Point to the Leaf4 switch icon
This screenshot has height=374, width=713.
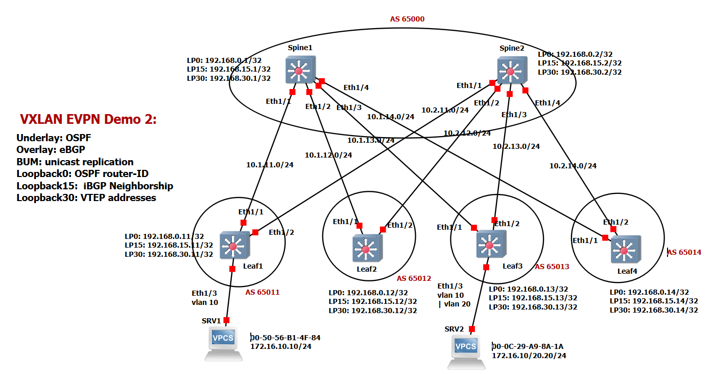(x=623, y=249)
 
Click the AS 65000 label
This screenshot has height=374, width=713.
(x=407, y=19)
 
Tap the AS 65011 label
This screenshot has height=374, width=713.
(x=263, y=292)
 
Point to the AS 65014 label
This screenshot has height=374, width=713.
(x=684, y=252)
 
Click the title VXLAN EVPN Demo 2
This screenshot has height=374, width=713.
(x=88, y=120)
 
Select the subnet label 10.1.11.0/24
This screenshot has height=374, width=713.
(x=270, y=165)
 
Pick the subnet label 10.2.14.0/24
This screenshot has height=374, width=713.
(x=573, y=165)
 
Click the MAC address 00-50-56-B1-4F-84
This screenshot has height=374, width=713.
(x=286, y=338)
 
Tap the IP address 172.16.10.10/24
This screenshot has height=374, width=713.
(x=280, y=346)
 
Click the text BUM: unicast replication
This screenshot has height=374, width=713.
(x=75, y=162)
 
